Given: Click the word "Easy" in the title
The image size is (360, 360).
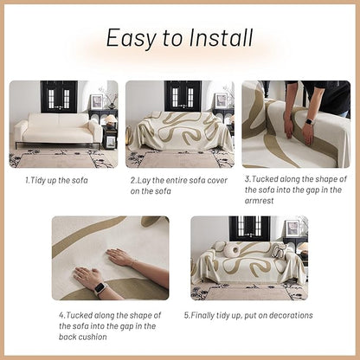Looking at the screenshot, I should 130,38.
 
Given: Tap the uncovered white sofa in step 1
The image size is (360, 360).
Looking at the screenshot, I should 57,131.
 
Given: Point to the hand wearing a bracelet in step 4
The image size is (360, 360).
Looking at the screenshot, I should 122,258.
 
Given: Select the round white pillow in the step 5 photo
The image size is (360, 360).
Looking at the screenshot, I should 231,251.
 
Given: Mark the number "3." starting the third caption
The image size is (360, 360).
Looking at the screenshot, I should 247,180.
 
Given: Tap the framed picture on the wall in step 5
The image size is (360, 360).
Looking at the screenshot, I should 292,228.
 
